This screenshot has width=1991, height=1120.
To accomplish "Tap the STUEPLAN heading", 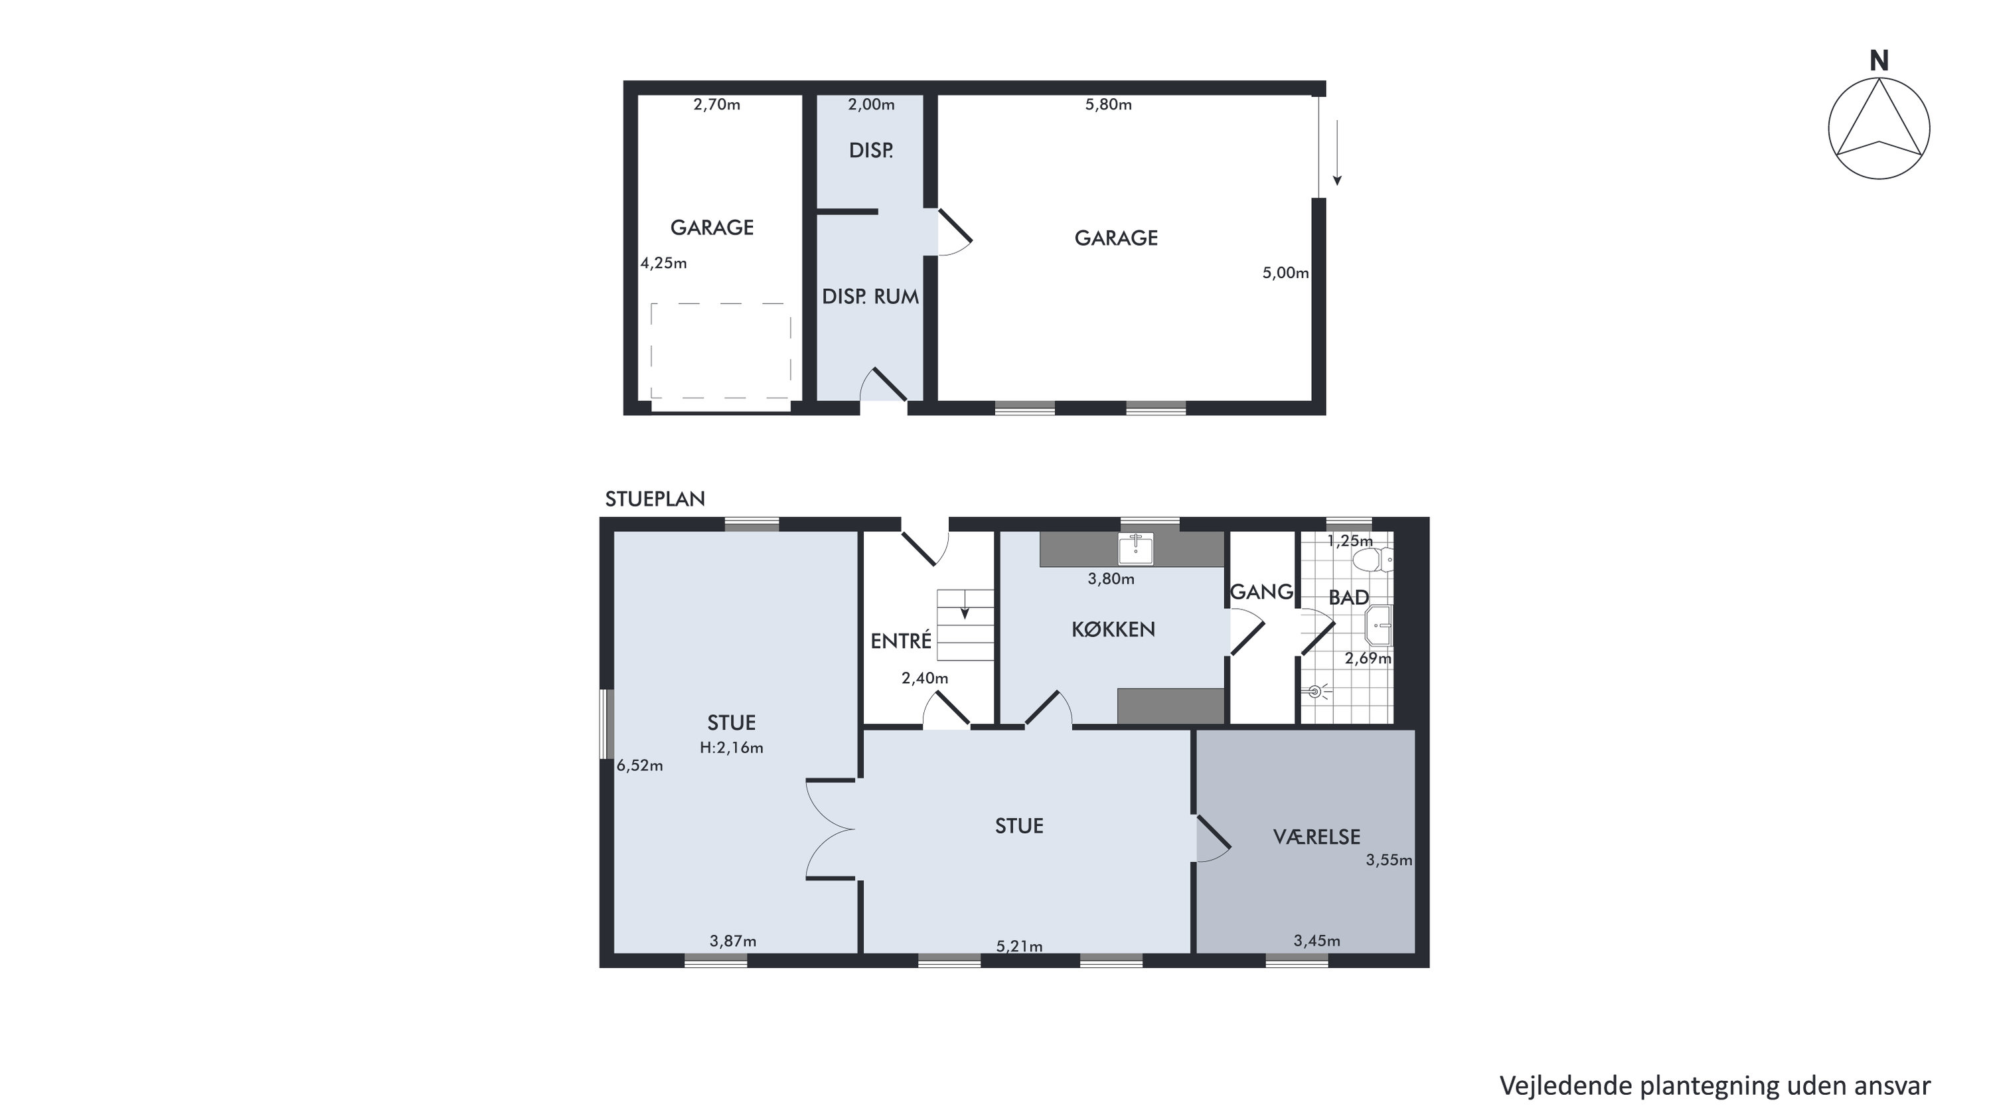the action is tap(655, 499).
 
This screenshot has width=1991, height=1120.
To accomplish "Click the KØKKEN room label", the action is tap(1113, 629).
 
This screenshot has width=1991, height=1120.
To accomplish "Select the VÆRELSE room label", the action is tap(1316, 837).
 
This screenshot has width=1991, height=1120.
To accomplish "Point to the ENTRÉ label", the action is tap(900, 640).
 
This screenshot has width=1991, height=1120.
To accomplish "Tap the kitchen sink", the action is tap(1135, 548).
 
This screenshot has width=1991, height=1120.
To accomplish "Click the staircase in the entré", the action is tap(965, 625).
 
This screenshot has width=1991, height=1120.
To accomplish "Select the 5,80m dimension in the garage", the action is tap(1108, 104).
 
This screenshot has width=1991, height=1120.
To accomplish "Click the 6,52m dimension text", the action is tap(640, 766).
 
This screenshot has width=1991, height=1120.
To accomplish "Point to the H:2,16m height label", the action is tap(731, 748).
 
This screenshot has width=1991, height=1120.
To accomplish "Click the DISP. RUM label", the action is tap(870, 297).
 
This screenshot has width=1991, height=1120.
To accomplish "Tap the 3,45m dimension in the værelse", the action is tap(1317, 941).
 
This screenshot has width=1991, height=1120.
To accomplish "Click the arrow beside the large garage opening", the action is tap(1337, 152).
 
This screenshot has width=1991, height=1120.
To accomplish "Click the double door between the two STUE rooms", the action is tap(830, 829).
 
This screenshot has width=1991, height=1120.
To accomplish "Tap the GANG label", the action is tap(1261, 592).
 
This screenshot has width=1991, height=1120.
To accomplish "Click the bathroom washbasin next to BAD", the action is tap(1379, 625).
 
